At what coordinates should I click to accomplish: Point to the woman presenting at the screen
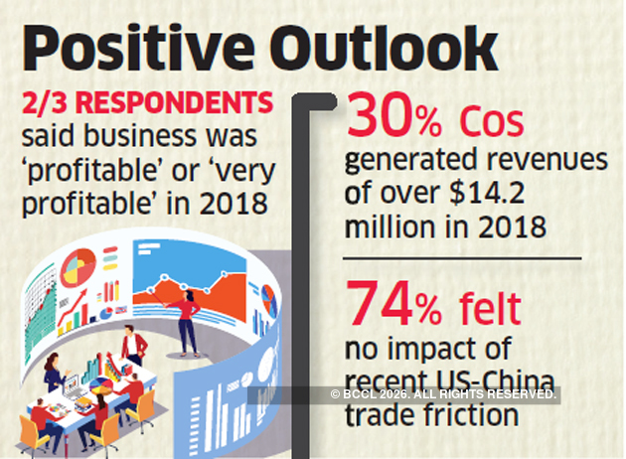point(187,316)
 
